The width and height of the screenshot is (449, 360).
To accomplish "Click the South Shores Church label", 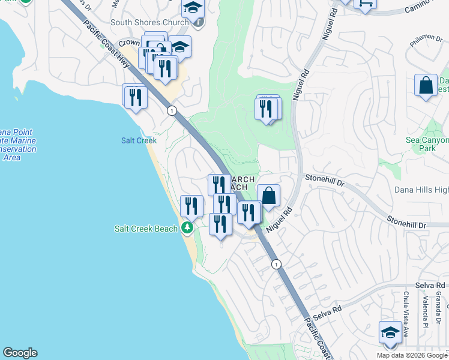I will tap(149, 23).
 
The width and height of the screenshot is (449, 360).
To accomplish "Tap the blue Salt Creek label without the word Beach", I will tap(138, 140).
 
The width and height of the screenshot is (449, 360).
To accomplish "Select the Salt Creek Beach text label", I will tap(146, 229).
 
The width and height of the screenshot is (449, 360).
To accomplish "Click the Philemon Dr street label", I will tap(426, 38).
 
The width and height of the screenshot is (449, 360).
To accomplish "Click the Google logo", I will tap(20, 353).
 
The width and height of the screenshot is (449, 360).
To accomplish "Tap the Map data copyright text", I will tap(412, 355).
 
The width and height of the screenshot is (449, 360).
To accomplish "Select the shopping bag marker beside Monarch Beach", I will tap(268, 196).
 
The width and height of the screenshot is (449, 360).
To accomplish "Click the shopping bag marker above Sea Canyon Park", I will tap(426, 86).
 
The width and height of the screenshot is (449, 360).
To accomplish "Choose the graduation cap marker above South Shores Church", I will tap(193, 8).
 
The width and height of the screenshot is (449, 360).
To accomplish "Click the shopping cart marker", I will tap(364, 4).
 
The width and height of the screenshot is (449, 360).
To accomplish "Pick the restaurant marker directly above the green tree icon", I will tap(191, 206).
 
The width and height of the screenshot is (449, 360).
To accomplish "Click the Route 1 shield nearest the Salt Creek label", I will tap(172, 110).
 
